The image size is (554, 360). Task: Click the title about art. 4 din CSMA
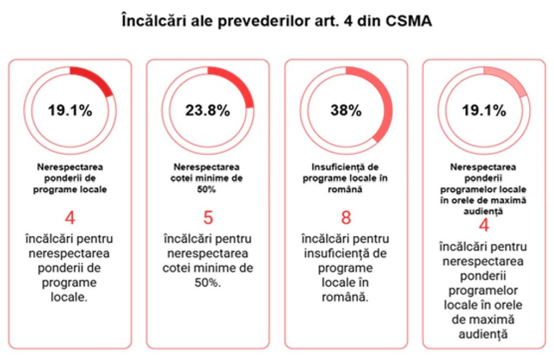[276, 23]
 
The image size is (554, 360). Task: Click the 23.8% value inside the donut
[208, 110]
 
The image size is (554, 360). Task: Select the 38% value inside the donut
[346, 110]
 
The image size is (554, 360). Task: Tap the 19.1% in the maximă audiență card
[484, 110]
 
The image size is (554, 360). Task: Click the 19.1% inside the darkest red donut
[70, 110]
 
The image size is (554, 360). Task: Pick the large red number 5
[208, 218]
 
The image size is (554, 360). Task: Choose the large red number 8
[346, 218]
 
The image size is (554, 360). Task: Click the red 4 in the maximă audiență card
[484, 225]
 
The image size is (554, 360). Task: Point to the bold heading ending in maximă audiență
[484, 189]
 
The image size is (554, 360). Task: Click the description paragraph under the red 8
[346, 268]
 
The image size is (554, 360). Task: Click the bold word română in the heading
[346, 189]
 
